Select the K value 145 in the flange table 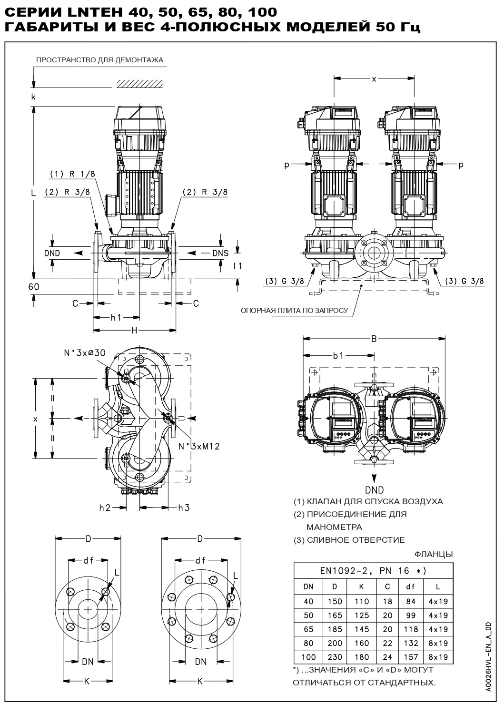(362, 629)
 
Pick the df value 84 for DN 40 (410, 601)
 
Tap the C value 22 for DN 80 (387, 643)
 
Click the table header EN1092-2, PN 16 (373, 571)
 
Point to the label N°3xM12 (199, 447)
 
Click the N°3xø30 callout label (85, 352)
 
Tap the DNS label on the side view (220, 253)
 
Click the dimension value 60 (34, 287)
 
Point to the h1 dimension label (116, 317)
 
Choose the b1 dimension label (338, 355)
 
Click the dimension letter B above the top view (374, 339)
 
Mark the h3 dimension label (184, 508)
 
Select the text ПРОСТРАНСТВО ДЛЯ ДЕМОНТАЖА (100, 60)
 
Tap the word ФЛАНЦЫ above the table (434, 554)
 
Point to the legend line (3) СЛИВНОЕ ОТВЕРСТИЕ (349, 540)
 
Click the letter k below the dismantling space (33, 97)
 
